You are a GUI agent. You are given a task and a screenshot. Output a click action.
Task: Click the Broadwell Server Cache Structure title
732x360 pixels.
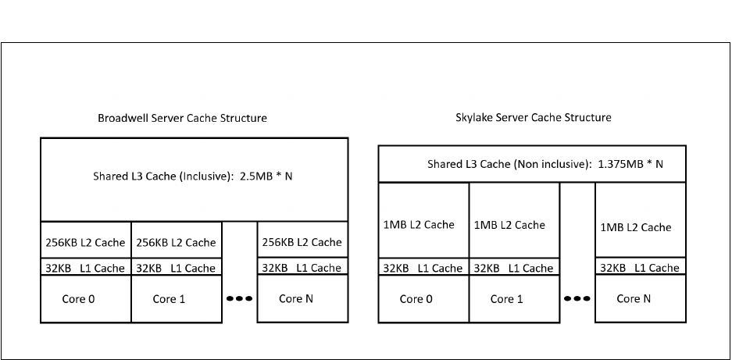182,118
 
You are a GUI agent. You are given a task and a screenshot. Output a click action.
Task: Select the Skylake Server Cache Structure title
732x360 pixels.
534,118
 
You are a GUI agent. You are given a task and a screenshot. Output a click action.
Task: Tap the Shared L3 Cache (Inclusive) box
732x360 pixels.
194,179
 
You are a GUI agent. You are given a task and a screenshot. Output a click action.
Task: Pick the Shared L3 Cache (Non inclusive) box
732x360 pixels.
532,164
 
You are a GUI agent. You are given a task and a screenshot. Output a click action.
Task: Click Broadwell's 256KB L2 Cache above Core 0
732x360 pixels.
86,242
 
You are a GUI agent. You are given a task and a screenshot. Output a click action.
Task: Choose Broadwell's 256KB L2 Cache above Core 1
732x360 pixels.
176,242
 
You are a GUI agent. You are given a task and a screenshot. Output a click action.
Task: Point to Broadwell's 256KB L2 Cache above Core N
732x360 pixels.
302,242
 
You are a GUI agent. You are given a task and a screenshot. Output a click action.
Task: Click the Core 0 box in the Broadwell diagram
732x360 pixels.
86,298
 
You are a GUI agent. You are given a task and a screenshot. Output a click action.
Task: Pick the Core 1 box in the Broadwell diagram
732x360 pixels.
176,298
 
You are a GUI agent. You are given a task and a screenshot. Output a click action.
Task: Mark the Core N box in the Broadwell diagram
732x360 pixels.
302,298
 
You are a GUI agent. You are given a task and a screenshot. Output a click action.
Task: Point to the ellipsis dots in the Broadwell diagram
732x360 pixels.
239,298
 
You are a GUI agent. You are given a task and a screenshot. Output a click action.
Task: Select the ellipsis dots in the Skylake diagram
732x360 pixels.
577,298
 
